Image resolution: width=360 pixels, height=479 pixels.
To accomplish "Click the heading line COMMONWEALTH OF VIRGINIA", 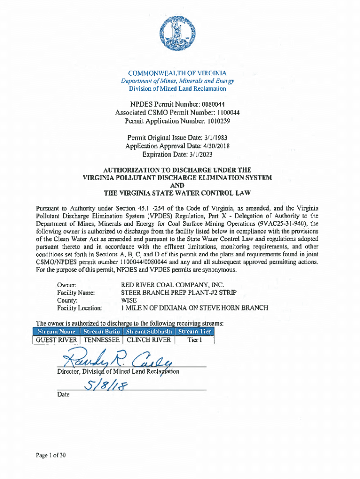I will [x=177, y=73].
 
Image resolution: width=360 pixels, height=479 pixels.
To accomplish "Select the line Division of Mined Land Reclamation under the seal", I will [x=177, y=88].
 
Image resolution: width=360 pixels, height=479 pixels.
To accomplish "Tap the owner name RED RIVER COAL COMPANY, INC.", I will [x=173, y=285].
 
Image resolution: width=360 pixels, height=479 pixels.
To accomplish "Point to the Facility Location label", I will [x=79, y=308].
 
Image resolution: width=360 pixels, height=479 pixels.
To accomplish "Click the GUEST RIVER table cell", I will [x=57, y=341].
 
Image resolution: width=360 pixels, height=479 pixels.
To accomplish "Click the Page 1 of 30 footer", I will [x=52, y=454].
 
